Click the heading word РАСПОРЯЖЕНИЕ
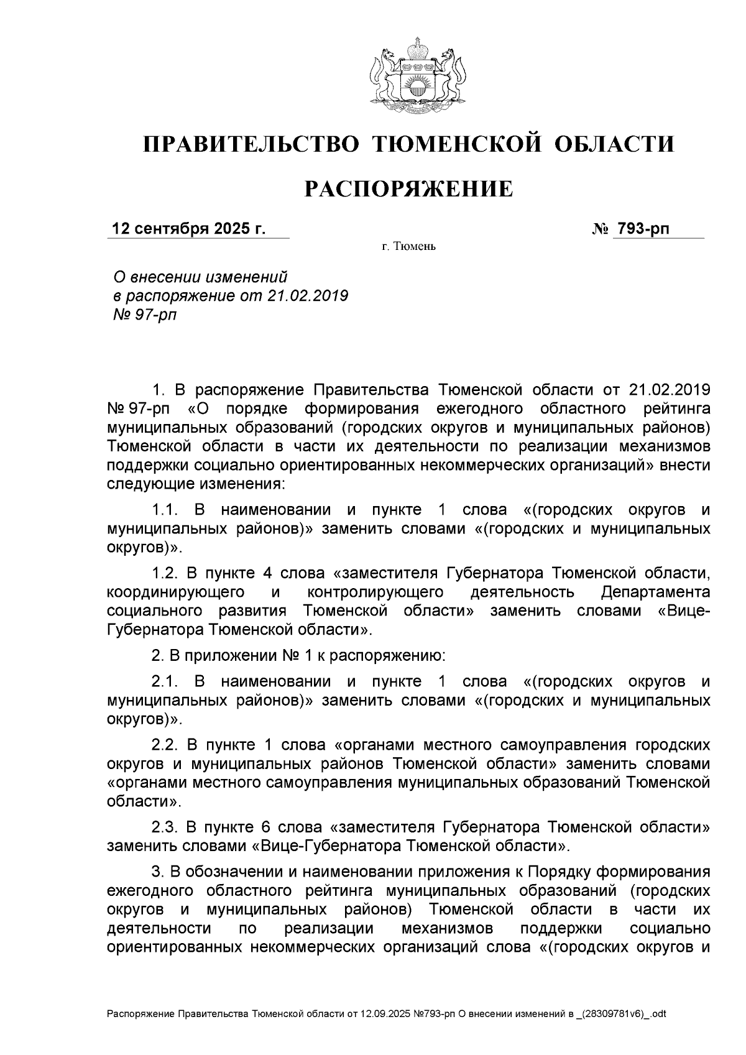click(x=408, y=188)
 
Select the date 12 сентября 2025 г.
click(x=188, y=229)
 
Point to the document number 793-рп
click(x=642, y=229)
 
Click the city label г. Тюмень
click(x=409, y=247)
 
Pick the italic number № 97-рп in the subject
click(x=143, y=315)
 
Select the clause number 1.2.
click(x=166, y=572)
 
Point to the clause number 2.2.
click(x=166, y=744)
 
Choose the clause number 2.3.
click(x=166, y=827)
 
